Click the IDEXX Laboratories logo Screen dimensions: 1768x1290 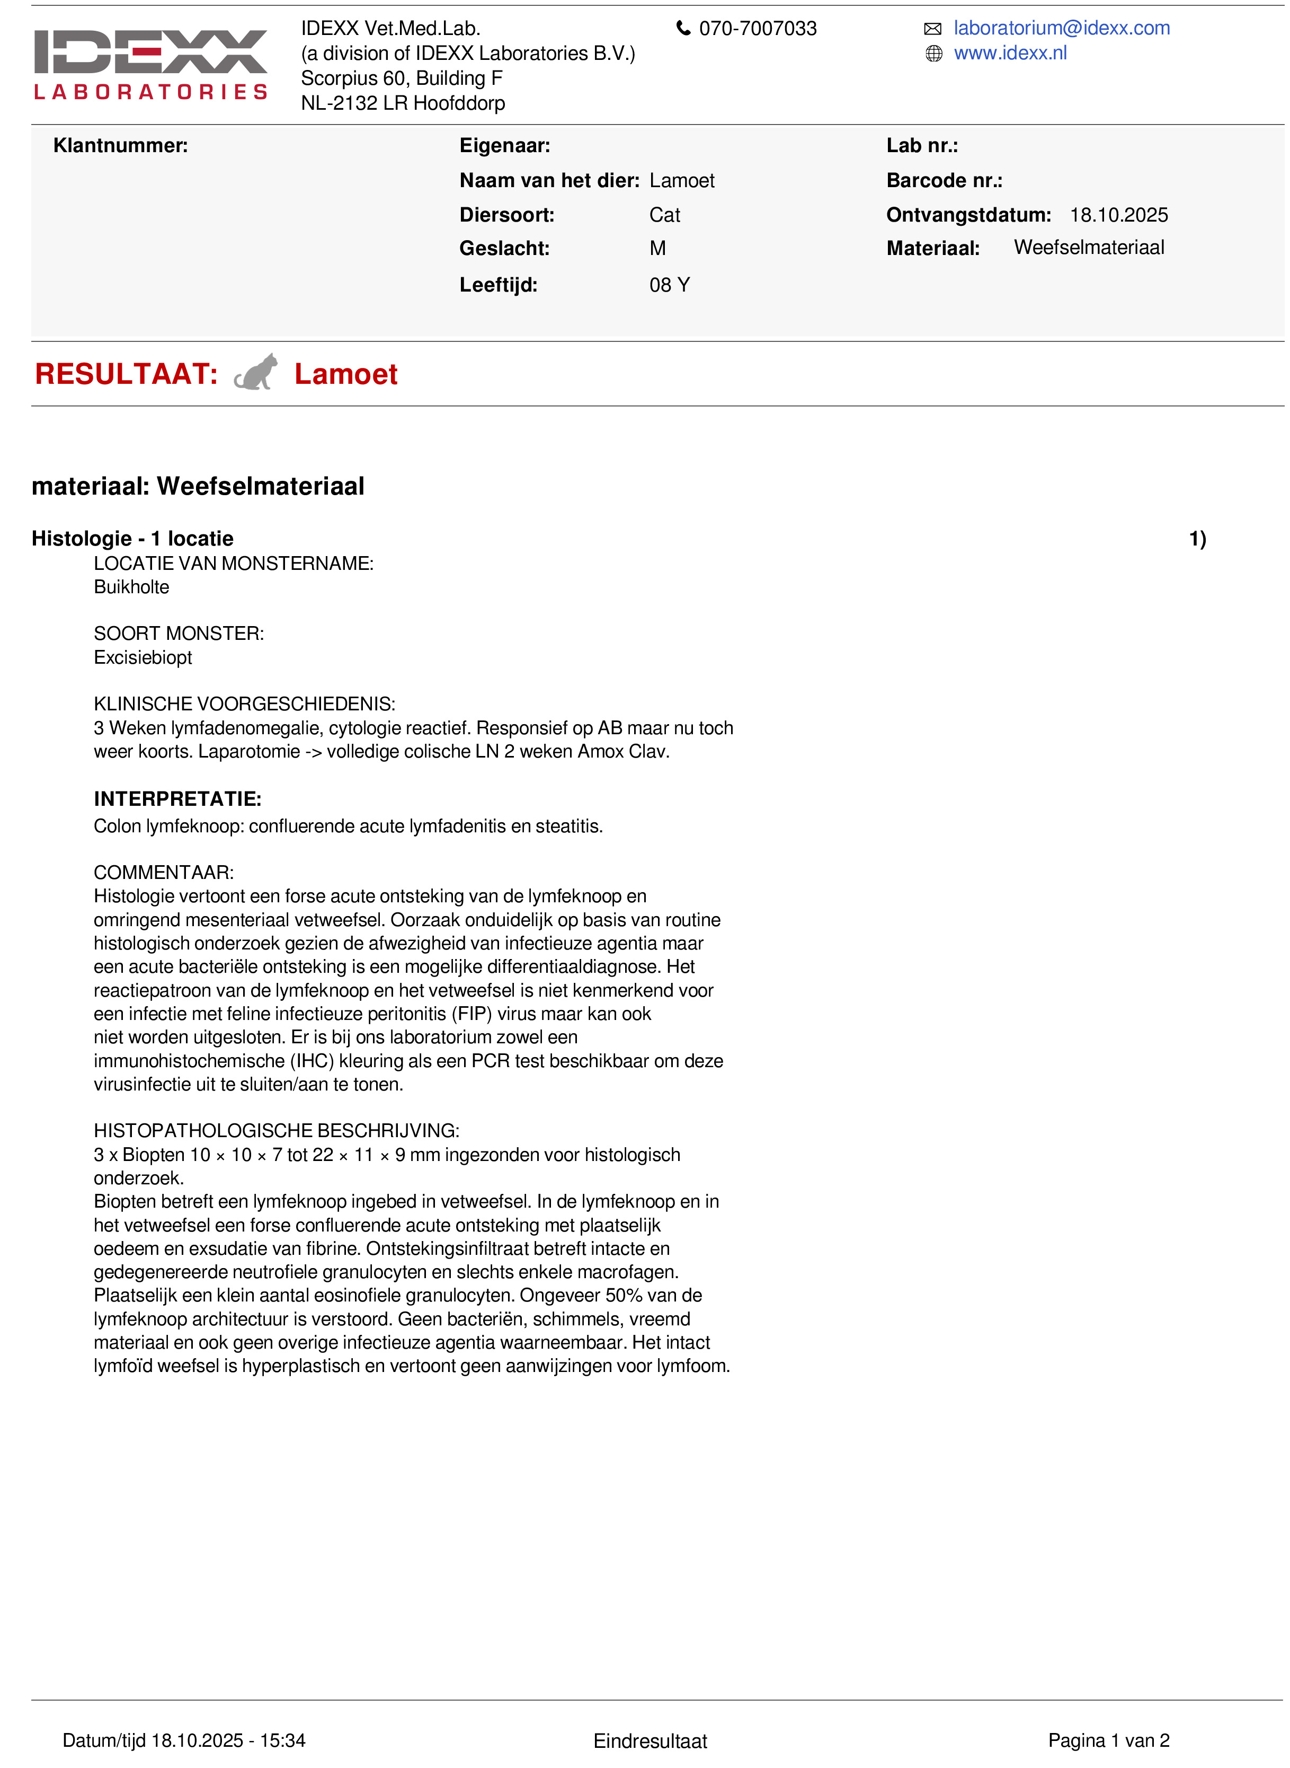tap(150, 64)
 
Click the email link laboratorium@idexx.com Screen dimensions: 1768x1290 tap(1061, 28)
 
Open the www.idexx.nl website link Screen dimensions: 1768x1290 tap(1010, 53)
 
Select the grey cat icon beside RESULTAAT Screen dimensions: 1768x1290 tap(256, 373)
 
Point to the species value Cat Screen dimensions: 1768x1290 tap(664, 215)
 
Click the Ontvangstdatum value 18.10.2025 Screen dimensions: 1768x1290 tap(1118, 215)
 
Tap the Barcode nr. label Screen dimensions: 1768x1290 tap(944, 180)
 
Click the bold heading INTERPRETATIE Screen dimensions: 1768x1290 tap(177, 798)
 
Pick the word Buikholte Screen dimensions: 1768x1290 tap(131, 587)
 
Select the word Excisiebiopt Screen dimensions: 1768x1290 tap(143, 657)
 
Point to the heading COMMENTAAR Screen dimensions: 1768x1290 tap(163, 872)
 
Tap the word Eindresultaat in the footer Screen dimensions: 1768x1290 tap(650, 1740)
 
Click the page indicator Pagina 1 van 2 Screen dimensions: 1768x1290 tap(1108, 1740)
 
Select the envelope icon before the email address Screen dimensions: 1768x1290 tap(932, 29)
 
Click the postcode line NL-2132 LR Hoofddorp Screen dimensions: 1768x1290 tap(403, 103)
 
